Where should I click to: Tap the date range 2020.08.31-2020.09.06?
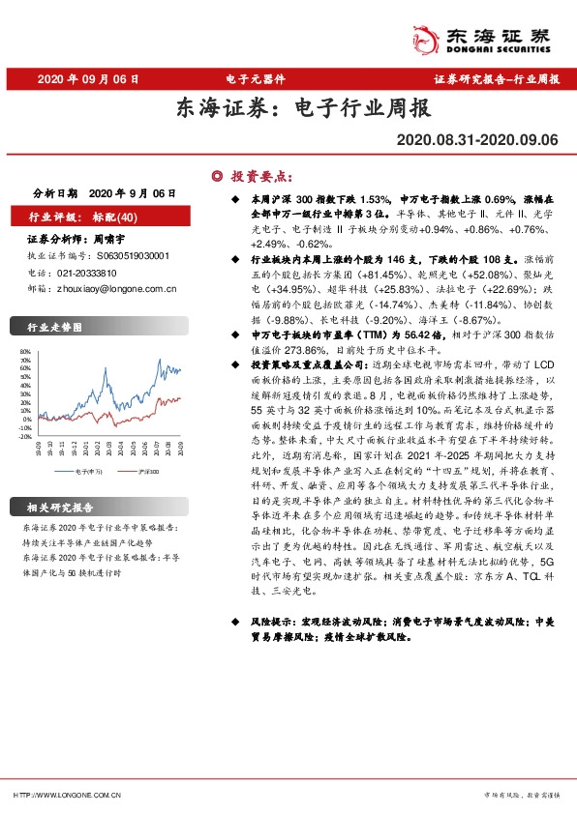click(477, 140)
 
